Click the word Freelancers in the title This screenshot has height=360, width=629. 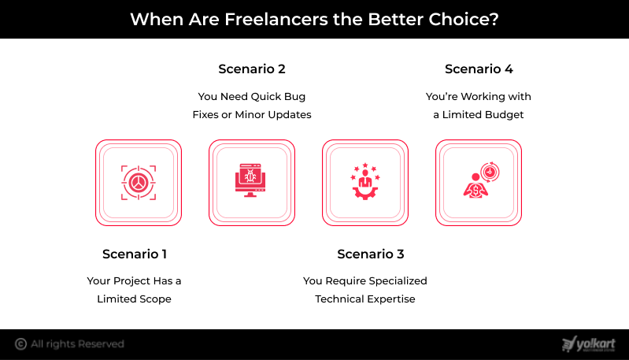click(x=276, y=19)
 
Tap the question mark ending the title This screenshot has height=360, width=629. click(x=494, y=19)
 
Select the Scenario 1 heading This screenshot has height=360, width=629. click(x=135, y=254)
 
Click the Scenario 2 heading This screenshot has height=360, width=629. click(x=252, y=69)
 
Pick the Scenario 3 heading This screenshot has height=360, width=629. click(x=371, y=254)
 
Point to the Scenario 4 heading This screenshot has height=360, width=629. click(x=479, y=69)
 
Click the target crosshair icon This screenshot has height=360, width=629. click(x=139, y=183)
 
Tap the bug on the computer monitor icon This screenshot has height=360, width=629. click(x=250, y=176)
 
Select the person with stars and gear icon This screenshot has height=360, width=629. click(x=365, y=181)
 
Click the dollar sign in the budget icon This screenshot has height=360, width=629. click(x=475, y=191)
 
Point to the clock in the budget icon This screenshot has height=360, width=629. click(x=490, y=173)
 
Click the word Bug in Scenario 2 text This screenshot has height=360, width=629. click(x=295, y=97)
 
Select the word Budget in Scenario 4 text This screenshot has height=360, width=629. click(x=503, y=115)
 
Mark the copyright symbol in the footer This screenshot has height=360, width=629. click(x=20, y=344)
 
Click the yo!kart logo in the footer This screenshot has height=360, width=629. click(x=589, y=344)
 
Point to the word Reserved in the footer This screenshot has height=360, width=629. click(x=101, y=344)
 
